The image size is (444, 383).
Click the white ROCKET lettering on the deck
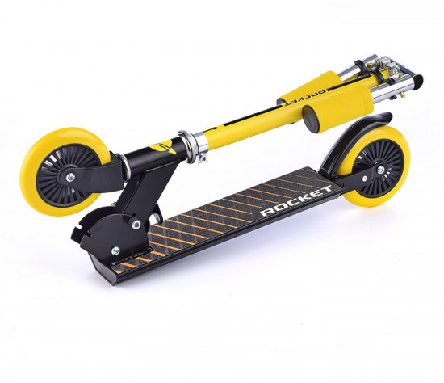click(296, 200)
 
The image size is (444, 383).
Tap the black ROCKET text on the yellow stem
click(304, 98)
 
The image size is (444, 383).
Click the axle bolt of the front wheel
click(70, 178)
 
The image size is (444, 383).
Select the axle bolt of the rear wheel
click(380, 170)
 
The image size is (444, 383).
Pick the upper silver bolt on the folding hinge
click(136, 225)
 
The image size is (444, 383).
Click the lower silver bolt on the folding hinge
click(115, 250)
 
